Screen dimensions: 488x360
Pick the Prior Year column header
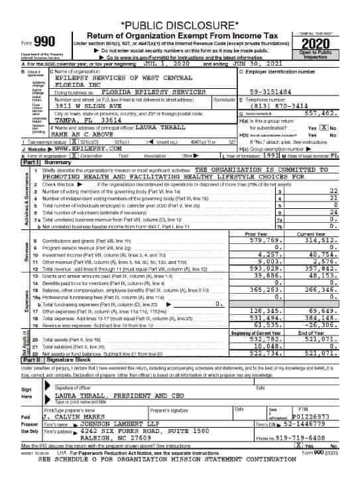point(255,234)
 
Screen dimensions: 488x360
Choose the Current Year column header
point(311,234)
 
